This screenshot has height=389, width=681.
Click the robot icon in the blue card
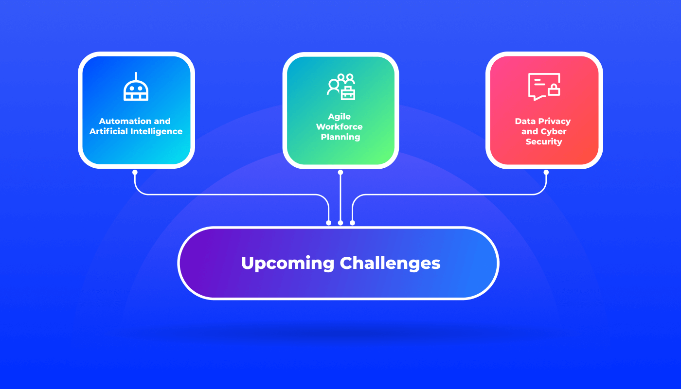click(136, 88)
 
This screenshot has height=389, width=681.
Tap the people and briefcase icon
click(340, 87)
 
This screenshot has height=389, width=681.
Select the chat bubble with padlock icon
click(544, 87)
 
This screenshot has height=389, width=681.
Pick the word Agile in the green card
click(340, 117)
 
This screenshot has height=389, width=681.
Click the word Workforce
click(340, 127)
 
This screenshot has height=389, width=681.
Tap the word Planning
click(340, 137)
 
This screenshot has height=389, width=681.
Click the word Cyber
click(554, 131)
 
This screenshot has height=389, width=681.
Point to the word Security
click(544, 142)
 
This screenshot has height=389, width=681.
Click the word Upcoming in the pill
click(287, 264)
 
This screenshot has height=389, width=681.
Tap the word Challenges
click(390, 264)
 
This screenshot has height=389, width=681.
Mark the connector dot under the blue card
click(135, 172)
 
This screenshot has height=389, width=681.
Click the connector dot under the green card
click(340, 172)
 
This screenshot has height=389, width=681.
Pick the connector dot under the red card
click(546, 172)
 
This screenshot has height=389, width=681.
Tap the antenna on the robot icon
click(136, 76)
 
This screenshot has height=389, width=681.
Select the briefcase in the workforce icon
click(348, 93)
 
